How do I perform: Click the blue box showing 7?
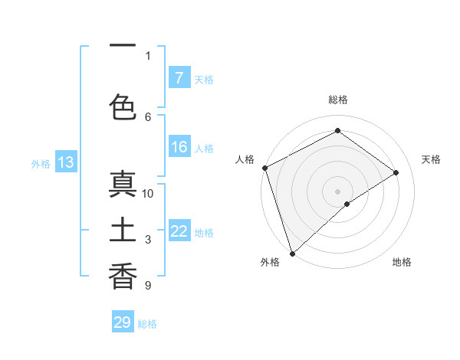click(179, 78)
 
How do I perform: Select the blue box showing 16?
click(179, 148)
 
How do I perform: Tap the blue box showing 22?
click(179, 231)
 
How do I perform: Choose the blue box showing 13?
click(65, 162)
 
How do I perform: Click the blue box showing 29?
click(123, 322)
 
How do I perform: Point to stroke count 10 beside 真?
click(148, 194)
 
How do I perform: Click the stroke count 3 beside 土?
click(148, 240)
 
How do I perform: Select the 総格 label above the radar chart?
click(338, 100)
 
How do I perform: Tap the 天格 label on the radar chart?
click(432, 159)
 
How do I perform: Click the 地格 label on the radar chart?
click(402, 262)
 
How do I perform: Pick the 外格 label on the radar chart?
click(270, 262)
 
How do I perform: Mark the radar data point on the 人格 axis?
click(264, 168)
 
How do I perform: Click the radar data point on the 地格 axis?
click(347, 204)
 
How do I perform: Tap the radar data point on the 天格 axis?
click(396, 172)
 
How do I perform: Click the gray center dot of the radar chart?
click(337, 191)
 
